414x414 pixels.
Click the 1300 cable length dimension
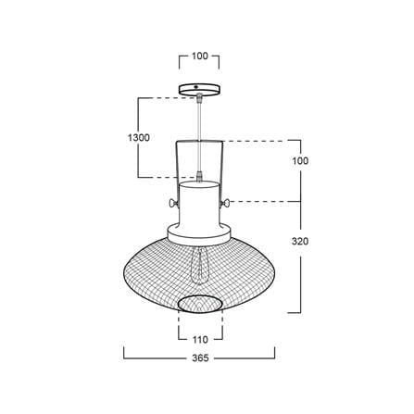point(139,138)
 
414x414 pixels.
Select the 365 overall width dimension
point(200,358)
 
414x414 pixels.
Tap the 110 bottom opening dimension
point(200,340)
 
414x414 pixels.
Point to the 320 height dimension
point(300,241)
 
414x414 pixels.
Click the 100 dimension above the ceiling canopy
point(200,56)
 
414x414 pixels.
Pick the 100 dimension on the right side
point(300,161)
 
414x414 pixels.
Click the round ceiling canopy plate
point(200,89)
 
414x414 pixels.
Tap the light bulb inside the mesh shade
point(200,265)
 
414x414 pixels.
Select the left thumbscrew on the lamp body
point(174,203)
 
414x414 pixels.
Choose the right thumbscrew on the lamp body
point(225,203)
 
